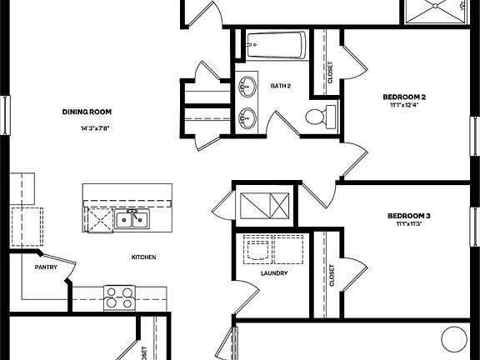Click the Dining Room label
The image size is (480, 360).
tap(87, 112)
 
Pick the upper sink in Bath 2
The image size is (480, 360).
tap(247, 85)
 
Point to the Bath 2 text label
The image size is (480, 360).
tap(280, 86)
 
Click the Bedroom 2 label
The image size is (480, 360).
tap(405, 96)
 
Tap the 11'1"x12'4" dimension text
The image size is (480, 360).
tap(405, 105)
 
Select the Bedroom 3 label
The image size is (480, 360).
tap(409, 216)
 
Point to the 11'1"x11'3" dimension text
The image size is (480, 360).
tap(409, 225)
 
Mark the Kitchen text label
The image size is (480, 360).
tap(143, 257)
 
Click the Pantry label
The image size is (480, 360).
tap(45, 267)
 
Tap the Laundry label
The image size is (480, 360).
tap(274, 273)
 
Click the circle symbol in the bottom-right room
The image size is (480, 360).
tap(454, 338)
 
